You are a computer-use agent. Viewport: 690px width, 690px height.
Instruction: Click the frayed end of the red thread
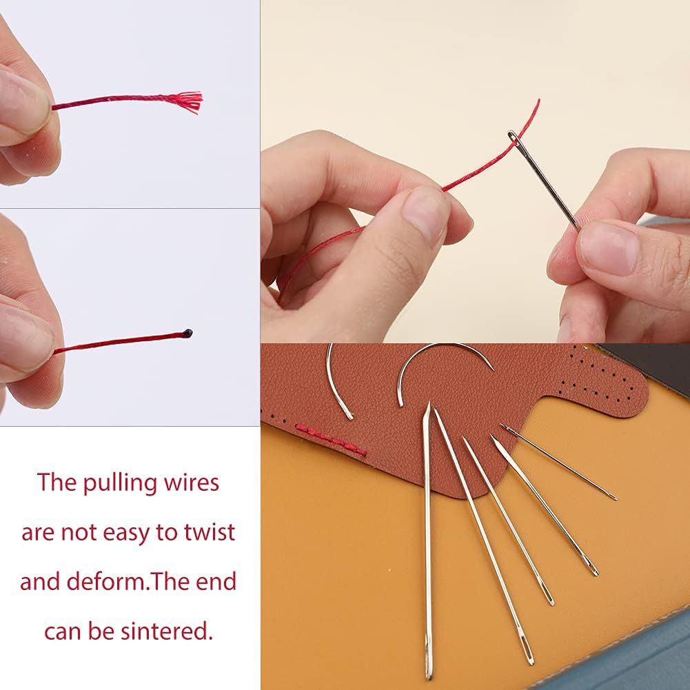coord(192,102)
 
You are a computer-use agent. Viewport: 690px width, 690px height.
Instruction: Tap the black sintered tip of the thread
coord(188,334)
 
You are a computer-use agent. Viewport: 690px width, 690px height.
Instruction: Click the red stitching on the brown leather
coord(331,441)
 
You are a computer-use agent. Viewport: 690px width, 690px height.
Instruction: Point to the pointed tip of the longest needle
coord(428,407)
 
